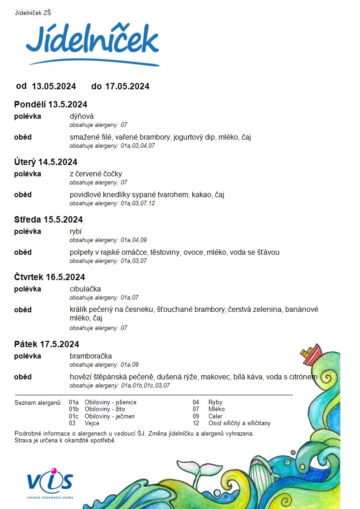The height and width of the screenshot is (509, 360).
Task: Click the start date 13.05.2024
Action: (x=54, y=86)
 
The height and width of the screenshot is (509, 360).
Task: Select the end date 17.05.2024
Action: (x=127, y=86)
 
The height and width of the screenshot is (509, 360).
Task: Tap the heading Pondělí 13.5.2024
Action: (x=51, y=104)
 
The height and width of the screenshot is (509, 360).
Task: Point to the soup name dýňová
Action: (x=82, y=116)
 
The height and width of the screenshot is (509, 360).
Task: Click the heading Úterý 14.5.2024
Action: (x=46, y=162)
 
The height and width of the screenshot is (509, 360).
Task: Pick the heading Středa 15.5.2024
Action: (x=49, y=219)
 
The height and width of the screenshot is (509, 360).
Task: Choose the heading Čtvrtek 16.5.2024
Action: (x=50, y=277)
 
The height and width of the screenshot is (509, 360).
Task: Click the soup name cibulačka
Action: (x=85, y=289)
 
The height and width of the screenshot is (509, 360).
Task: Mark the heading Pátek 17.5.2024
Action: (x=47, y=344)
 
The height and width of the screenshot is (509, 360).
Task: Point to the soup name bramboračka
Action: (x=91, y=356)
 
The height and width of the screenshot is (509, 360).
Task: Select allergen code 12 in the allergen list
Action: (x=196, y=423)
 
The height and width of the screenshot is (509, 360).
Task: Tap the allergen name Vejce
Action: (x=92, y=423)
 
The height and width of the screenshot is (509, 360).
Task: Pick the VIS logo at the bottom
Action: (x=50, y=481)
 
